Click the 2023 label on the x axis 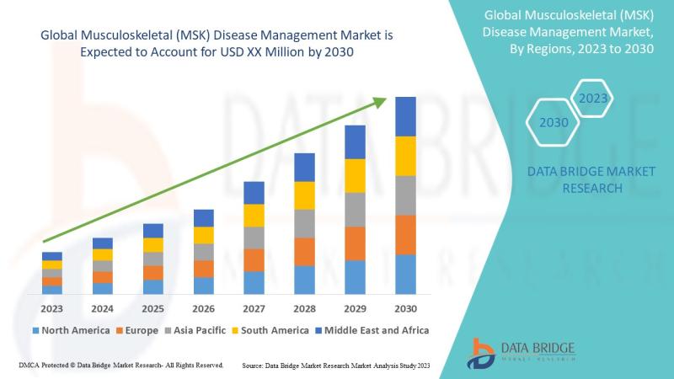pos(52,308)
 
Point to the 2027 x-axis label pos(254,308)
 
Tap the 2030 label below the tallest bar pos(405,308)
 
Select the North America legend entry pos(70,330)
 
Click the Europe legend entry pos(136,330)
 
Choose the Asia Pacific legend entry pos(195,330)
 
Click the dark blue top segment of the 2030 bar pos(405,116)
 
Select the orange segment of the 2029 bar pos(355,243)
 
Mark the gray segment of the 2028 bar pos(304,223)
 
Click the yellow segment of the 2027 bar pos(254,216)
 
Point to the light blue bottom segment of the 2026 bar pos(203,286)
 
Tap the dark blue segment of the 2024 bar pos(103,243)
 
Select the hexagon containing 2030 pos(554,122)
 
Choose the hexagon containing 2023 pos(593,99)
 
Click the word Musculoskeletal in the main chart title pos(123,36)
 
